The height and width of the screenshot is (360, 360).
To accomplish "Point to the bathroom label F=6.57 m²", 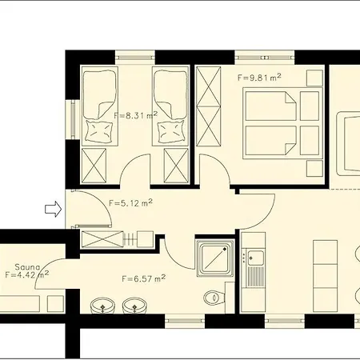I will pyautogui.click(x=143, y=278).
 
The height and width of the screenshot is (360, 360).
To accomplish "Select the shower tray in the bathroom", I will pyautogui.click(x=214, y=258).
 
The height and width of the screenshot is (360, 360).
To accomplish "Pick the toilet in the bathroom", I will pyautogui.click(x=214, y=298).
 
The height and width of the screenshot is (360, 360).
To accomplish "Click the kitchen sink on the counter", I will pyautogui.click(x=256, y=258).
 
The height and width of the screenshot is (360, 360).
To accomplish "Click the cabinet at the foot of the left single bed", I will pyautogui.click(x=97, y=166).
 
